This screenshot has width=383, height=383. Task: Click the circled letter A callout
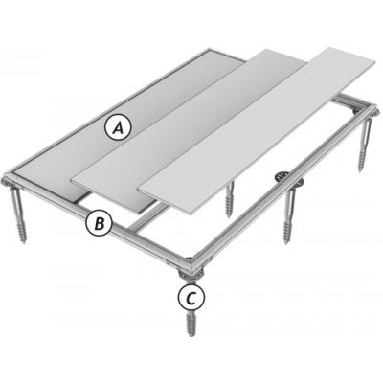point(117,124)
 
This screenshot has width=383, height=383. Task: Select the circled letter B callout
point(98,224)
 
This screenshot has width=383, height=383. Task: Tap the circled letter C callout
point(192,299)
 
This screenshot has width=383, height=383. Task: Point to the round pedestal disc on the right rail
point(281,176)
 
